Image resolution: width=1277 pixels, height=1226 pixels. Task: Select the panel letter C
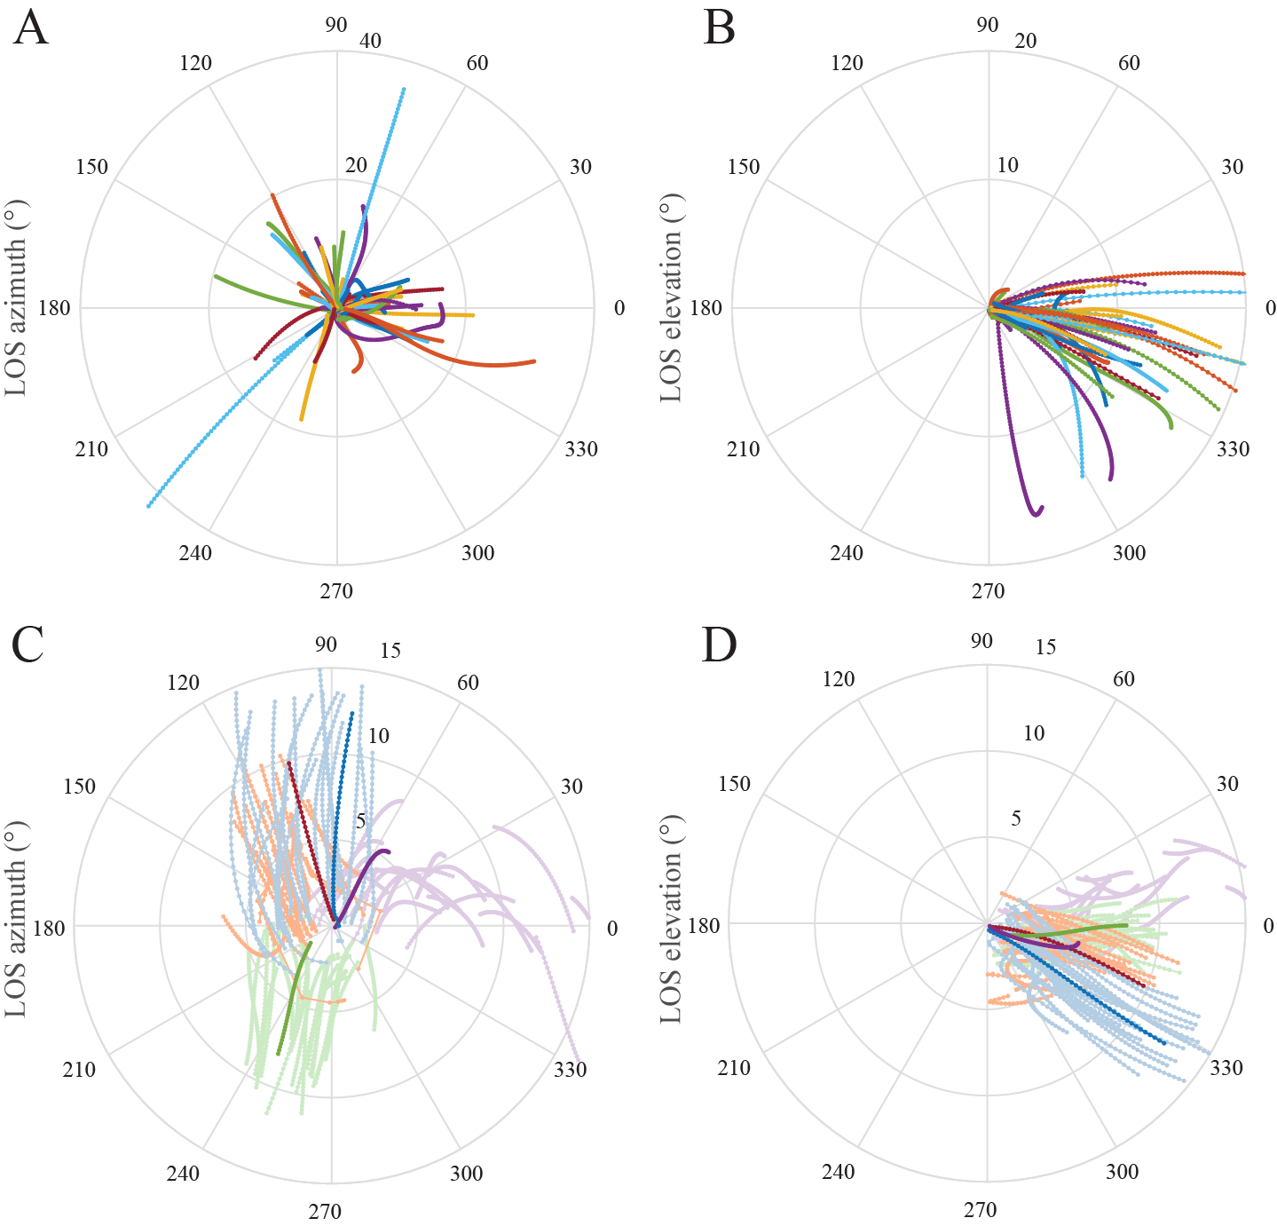point(28,645)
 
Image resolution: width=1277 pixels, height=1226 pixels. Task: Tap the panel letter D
point(719,645)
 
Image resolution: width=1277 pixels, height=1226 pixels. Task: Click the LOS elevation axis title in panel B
point(672,298)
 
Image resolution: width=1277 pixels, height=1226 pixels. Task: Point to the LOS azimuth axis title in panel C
point(16,918)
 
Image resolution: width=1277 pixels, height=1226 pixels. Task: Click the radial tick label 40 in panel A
point(370,41)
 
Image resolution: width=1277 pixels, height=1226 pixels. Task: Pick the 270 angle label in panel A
point(336,591)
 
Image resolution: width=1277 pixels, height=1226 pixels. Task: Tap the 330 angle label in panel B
point(1233,449)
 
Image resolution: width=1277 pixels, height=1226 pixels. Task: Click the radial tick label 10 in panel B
point(1007,165)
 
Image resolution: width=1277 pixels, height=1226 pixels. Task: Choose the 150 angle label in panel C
point(79,787)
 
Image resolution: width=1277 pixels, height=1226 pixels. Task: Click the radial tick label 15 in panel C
point(390,651)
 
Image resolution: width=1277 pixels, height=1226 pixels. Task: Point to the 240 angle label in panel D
point(838,1172)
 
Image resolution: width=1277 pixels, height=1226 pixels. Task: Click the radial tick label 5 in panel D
point(1016,819)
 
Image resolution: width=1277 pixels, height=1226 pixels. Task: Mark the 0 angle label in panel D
point(1268,926)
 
